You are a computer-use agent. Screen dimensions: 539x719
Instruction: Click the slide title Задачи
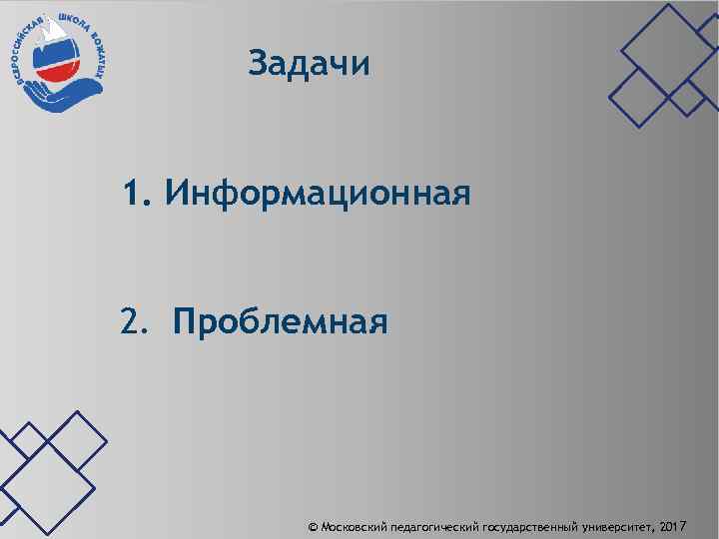pos(310,64)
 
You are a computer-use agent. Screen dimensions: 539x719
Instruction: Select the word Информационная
pos(318,191)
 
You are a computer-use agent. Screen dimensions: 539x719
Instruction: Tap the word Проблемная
pos(280,322)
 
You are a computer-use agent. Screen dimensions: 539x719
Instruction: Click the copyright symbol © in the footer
pos(314,524)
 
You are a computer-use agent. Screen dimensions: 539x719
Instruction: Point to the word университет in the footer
pos(619,524)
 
